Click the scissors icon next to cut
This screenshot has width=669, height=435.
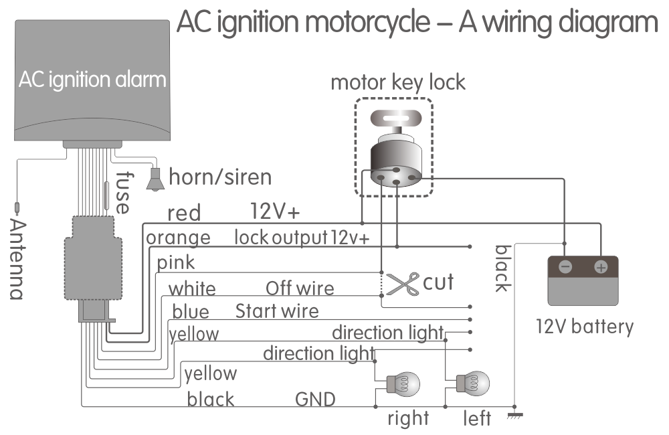point(403,284)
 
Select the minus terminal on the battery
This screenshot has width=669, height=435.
point(565,267)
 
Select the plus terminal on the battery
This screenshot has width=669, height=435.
point(600,267)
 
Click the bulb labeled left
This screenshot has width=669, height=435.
point(474,384)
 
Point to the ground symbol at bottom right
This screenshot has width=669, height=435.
point(514,414)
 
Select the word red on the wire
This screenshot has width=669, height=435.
point(184,213)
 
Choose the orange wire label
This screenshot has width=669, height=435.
point(178,238)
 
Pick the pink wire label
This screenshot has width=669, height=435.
point(176,263)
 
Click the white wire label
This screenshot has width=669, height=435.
point(191,288)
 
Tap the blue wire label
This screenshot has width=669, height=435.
point(191,312)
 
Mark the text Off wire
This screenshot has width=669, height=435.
point(300,288)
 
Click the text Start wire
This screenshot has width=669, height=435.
point(277,311)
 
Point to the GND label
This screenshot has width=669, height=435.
point(316,400)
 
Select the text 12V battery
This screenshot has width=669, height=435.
point(584,327)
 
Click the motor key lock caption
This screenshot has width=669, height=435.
point(397,84)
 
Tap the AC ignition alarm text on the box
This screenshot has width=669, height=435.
point(92,80)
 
